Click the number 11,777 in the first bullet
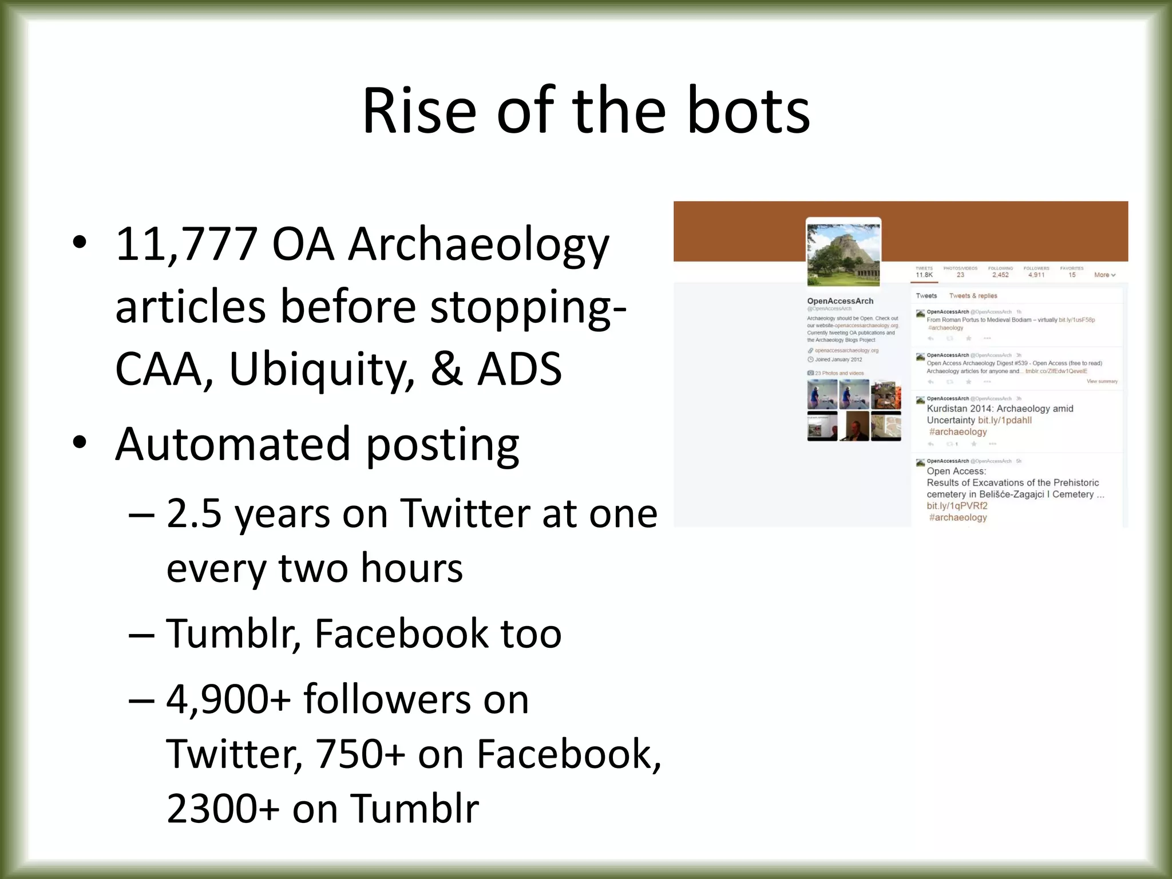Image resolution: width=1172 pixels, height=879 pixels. click(x=187, y=244)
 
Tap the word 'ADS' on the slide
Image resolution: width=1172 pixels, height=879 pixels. click(x=519, y=369)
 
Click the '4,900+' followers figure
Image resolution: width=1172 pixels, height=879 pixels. click(x=228, y=699)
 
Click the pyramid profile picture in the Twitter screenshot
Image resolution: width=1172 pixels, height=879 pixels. click(x=843, y=254)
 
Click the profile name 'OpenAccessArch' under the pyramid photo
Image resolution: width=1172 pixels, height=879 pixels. click(x=840, y=301)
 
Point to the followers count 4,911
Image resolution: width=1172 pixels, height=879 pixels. click(x=1036, y=275)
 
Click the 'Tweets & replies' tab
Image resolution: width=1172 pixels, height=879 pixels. click(x=973, y=296)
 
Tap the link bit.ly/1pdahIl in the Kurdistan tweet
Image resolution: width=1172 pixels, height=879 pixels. click(x=1005, y=420)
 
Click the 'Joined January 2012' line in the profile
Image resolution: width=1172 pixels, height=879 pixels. click(x=838, y=360)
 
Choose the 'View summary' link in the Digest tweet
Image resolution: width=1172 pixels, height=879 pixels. click(x=1102, y=381)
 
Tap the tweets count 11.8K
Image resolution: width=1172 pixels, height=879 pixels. click(x=924, y=275)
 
